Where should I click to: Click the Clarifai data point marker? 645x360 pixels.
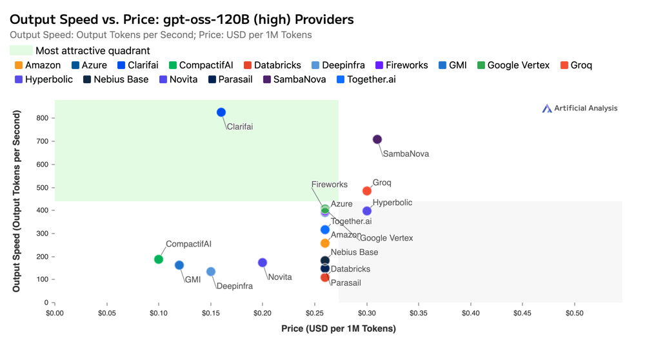[x=221, y=112]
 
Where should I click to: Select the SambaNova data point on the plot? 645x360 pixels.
[x=377, y=139]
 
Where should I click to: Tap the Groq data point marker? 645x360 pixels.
[x=367, y=191]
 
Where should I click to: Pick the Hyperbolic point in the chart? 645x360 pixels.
[x=367, y=211]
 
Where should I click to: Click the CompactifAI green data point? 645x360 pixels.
[x=159, y=259]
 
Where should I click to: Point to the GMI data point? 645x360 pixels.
[x=179, y=265]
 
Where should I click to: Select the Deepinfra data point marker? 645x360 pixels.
[x=211, y=272]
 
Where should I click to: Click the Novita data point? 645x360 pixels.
[x=263, y=263]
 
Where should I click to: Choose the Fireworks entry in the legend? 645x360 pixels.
[x=401, y=65]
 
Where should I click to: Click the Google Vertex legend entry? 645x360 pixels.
[x=513, y=65]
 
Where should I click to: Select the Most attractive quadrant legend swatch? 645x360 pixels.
[x=21, y=50]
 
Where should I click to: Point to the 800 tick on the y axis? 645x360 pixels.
[x=43, y=118]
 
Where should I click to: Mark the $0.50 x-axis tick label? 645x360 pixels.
[x=575, y=313]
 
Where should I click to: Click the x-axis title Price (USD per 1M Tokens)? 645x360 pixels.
[x=339, y=328]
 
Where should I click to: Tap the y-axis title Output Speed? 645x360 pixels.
[x=17, y=201]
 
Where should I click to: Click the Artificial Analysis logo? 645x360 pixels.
[x=579, y=108]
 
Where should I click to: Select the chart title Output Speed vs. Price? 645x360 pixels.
[x=182, y=19]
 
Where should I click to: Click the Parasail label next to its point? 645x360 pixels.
[x=346, y=283]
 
